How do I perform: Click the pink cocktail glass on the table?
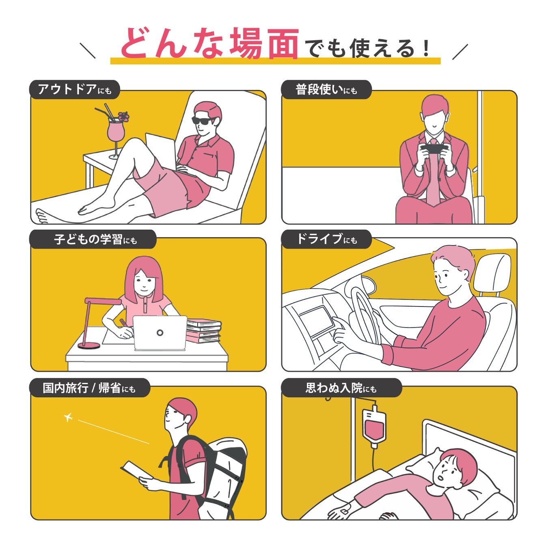click(115, 134)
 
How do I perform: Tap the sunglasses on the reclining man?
click(203, 121)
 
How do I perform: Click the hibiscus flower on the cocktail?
click(123, 117)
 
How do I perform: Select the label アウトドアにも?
click(75, 90)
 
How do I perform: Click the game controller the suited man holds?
click(434, 148)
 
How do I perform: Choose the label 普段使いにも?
click(326, 90)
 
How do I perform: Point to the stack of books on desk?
click(203, 331)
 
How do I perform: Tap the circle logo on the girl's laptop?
click(160, 332)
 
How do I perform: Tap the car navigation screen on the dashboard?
click(316, 317)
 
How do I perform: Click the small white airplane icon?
click(68, 417)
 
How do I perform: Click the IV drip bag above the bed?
click(374, 427)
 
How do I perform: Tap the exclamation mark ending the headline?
click(426, 48)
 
